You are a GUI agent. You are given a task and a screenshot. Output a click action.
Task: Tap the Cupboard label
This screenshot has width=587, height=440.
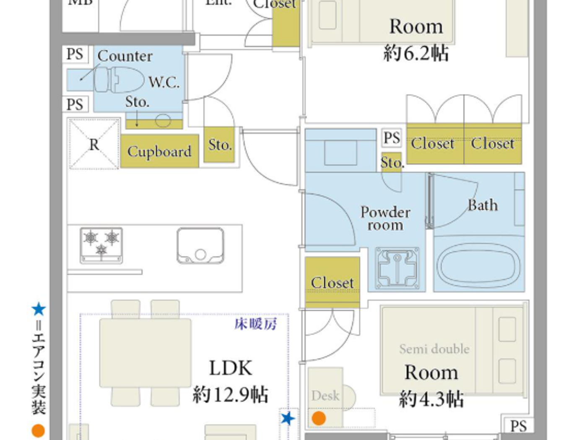(x=159, y=151)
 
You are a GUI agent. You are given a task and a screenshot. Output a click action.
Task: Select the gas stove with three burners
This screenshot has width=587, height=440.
(x=101, y=245)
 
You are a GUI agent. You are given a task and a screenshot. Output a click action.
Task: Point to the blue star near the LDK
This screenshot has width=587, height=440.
(x=288, y=418)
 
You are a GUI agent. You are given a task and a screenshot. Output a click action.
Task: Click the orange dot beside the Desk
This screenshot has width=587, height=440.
(x=319, y=418)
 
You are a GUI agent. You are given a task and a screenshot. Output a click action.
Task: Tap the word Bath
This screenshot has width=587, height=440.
(x=483, y=205)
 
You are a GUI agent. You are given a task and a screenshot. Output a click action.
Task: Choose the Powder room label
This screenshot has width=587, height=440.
(x=385, y=218)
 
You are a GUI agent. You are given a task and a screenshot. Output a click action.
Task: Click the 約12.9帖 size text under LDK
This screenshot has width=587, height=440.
(x=230, y=395)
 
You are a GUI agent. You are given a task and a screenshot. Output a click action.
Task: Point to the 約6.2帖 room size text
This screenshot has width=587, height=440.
(x=416, y=54)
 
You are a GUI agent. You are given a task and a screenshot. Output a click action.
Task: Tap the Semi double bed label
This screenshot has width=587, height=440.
(x=434, y=349)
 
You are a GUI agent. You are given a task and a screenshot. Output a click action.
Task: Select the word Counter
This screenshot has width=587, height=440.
(x=125, y=56)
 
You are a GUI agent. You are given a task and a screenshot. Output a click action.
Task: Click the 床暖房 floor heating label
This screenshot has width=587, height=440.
(x=255, y=324)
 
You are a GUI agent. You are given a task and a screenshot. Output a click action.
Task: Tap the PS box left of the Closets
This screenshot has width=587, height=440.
(x=392, y=138)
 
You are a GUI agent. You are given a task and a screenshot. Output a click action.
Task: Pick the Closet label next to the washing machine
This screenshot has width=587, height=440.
(x=332, y=283)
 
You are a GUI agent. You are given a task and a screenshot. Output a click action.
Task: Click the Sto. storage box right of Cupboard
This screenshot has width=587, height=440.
(x=220, y=145)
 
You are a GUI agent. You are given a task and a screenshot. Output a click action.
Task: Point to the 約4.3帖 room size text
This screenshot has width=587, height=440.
(x=431, y=399)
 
